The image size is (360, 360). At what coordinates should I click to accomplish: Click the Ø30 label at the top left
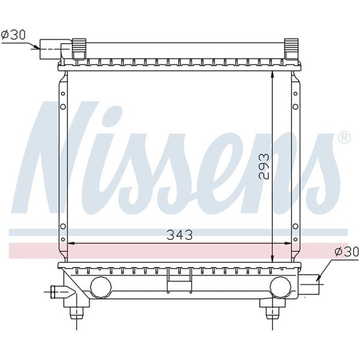point(13,34)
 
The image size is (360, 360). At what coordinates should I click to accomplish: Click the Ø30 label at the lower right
point(346,252)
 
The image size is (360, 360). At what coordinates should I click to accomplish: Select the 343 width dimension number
point(179,235)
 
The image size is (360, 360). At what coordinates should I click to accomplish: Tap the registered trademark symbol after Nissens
point(344,138)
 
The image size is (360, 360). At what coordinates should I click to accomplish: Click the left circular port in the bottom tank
point(100,287)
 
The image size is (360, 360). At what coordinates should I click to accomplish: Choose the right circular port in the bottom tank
point(280,287)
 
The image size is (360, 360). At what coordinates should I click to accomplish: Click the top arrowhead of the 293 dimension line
point(273,74)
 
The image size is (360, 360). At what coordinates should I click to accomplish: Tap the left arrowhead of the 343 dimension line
point(70,243)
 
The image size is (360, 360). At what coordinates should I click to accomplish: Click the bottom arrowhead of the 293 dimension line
point(273,257)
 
